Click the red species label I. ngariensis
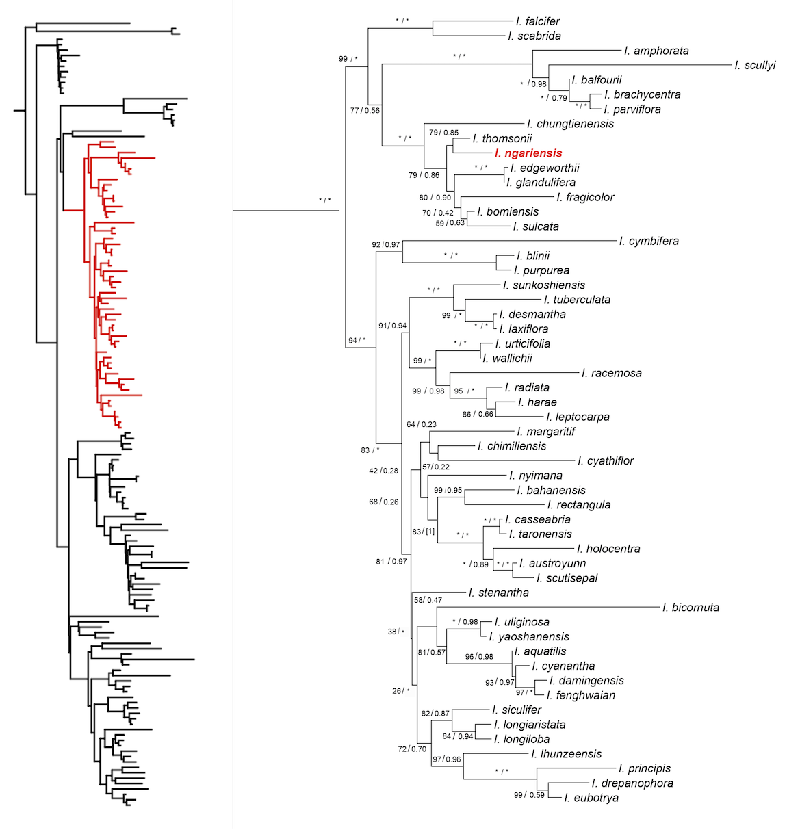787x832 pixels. (528, 153)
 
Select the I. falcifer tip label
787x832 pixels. (538, 21)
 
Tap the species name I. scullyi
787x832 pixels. (755, 66)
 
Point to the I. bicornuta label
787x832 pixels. (691, 608)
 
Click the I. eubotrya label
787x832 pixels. (591, 798)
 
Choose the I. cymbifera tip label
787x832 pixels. (649, 241)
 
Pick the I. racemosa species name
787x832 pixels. (611, 373)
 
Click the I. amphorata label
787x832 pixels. (656, 51)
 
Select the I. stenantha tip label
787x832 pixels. (498, 593)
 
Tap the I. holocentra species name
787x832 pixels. (608, 549)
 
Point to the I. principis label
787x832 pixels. (645, 768)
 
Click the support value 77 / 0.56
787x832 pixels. (365, 110)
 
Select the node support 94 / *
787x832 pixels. (357, 341)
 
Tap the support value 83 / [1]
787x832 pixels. (424, 532)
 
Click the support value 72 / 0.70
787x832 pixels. (412, 749)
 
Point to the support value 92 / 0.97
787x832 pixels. (386, 244)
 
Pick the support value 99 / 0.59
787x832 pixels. (529, 795)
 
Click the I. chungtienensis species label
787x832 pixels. (570, 124)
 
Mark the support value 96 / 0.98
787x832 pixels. (479, 657)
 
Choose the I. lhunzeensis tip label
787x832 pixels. (566, 754)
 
